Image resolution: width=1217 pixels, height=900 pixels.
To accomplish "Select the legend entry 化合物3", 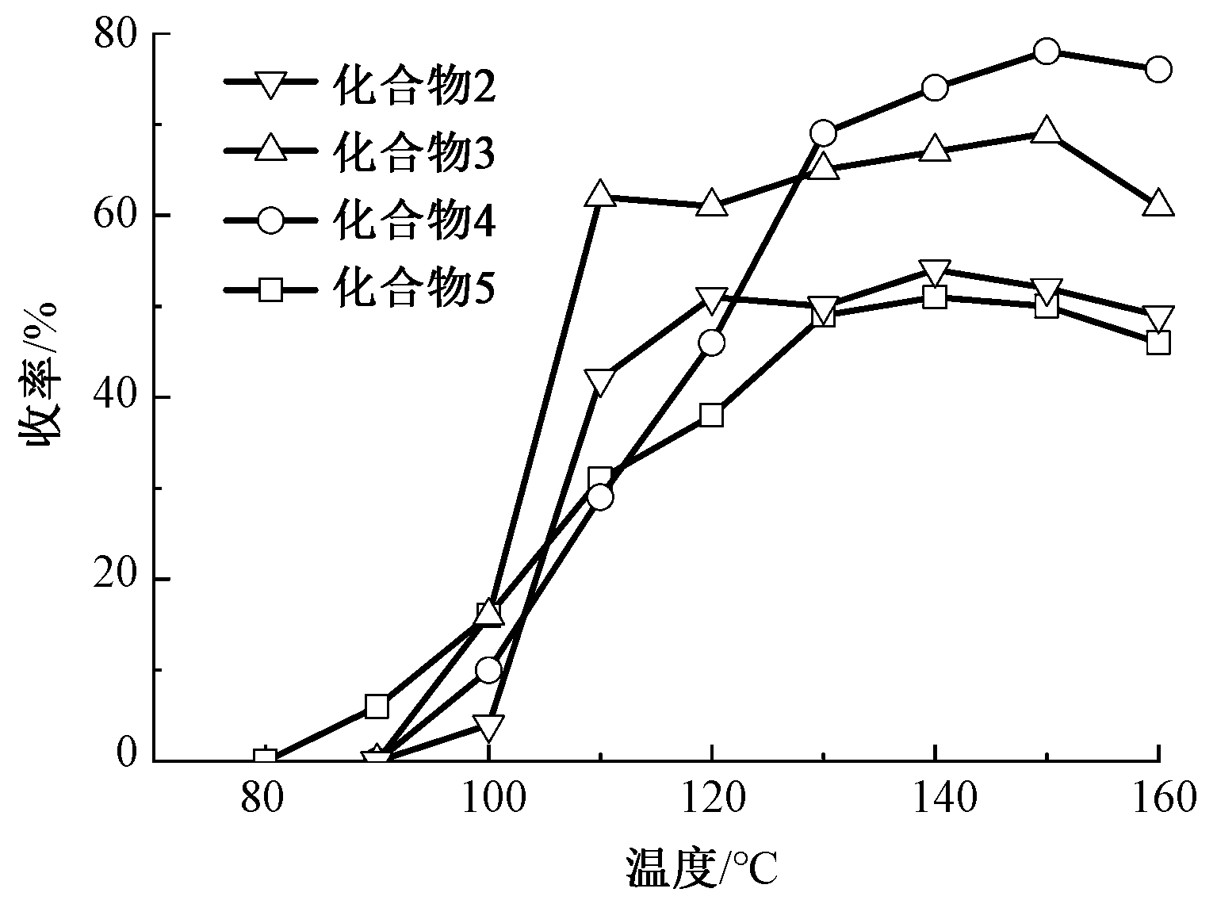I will point(361,151).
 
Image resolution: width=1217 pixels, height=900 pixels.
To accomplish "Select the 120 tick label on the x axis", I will point(712,799).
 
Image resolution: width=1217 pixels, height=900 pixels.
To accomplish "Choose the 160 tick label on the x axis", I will point(1158,799).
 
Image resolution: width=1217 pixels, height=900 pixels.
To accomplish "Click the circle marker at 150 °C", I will point(1047,52).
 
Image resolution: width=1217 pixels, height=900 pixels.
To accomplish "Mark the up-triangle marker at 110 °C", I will point(600,193).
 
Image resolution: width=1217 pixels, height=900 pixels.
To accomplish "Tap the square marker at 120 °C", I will point(712,415).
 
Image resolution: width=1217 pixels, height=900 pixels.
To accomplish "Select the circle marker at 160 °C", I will point(1158,70).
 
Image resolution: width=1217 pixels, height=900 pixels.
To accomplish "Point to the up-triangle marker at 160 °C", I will point(1158,203).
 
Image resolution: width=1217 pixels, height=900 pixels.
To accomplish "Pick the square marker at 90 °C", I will point(377,706).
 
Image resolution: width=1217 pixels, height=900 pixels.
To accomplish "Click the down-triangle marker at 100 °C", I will point(489,726).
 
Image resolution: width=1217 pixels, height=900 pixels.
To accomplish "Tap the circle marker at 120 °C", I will point(712,343).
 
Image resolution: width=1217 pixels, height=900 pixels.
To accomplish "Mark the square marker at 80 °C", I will point(266,759).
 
